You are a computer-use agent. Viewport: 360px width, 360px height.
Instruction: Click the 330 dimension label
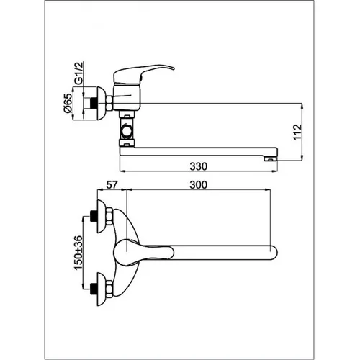coord(198,166)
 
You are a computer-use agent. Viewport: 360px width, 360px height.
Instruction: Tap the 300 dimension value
coord(198,185)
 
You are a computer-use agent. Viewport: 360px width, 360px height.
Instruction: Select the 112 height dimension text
coord(297,132)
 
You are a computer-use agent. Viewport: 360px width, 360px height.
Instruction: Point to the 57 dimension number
coord(112,185)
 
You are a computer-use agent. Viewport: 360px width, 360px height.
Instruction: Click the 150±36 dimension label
coord(78,253)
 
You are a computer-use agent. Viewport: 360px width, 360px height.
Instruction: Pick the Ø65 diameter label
coord(68,103)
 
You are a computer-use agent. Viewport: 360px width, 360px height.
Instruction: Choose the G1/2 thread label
coord(78,73)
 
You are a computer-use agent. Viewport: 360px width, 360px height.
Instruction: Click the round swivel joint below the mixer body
coord(127,130)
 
